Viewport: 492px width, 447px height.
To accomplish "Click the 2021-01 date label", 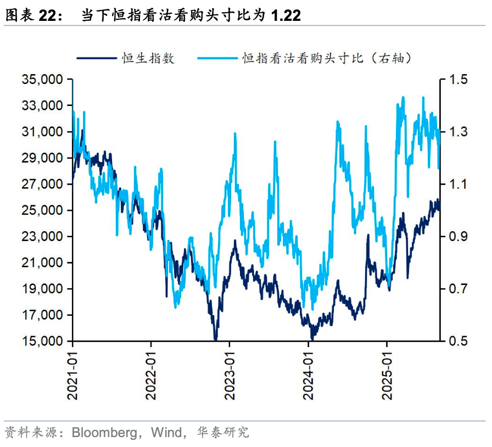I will [x=72, y=374].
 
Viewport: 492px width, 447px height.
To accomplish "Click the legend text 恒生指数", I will [x=149, y=58].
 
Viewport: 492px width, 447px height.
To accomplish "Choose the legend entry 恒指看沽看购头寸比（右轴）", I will [x=327, y=58].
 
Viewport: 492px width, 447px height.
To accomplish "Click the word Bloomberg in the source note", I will [x=104, y=432].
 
